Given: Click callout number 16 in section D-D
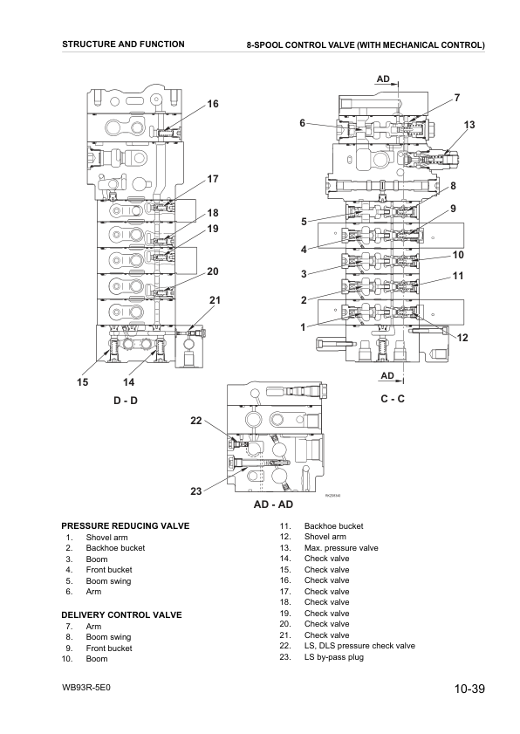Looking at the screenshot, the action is coord(213,104).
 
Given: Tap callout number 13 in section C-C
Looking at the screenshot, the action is coord(469,125).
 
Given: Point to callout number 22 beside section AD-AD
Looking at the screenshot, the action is coord(196,421).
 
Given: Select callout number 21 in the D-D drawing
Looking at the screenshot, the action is coord(215,300).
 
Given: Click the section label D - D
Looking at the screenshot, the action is coord(126,401).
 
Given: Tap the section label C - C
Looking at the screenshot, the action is coord(393,399).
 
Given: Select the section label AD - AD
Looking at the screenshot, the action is coord(273,504).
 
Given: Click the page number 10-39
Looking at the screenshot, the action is coord(469,689).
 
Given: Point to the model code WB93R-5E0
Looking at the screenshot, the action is coord(86,688).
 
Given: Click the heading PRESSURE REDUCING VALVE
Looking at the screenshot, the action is coord(126,525).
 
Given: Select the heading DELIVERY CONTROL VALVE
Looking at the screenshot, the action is coord(121,614).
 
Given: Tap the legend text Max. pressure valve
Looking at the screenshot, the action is coord(341,548).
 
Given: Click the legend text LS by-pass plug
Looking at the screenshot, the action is coord(333,657).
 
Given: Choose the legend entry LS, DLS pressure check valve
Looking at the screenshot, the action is coord(359,646).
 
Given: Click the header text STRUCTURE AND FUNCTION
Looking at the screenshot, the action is coord(124,44).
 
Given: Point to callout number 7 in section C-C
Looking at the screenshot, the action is coord(457,98).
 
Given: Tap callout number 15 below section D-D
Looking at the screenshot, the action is coord(82,382).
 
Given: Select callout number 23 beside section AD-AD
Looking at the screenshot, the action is coord(196,490).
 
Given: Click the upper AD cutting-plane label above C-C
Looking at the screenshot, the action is coord(383,79).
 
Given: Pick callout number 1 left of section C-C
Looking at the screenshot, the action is coord(303,326).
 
